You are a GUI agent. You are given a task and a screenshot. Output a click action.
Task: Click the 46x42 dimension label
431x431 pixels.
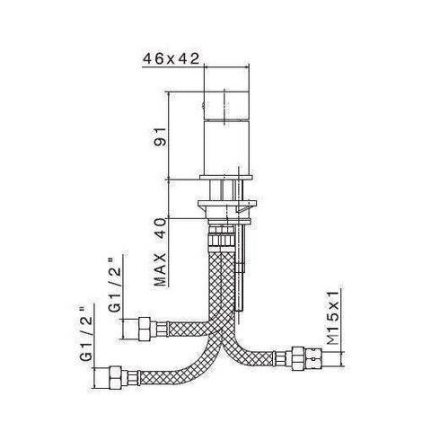click(170, 59)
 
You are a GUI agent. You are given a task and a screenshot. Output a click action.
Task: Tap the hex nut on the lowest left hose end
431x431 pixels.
click(116, 374)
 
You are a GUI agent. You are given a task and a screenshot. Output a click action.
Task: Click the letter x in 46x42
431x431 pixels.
click(170, 59)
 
